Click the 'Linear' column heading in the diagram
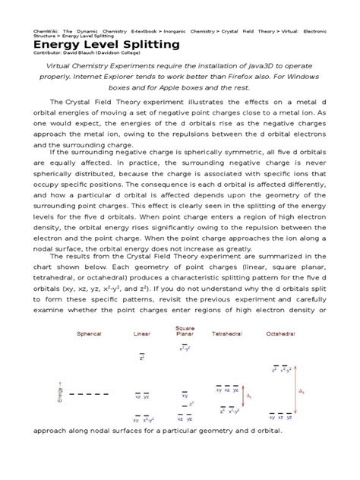point(141,333)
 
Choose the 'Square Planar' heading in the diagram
point(185,330)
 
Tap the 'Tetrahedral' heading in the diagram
point(227,333)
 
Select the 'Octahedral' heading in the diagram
point(281,333)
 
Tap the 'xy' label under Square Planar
point(185,395)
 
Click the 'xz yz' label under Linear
point(142,395)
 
